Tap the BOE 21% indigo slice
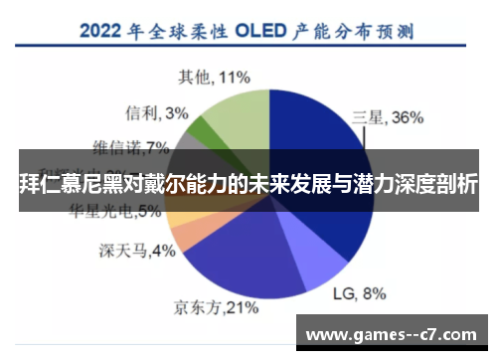[239, 261]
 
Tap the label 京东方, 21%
[209, 307]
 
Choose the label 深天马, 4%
[137, 250]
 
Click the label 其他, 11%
[214, 76]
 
